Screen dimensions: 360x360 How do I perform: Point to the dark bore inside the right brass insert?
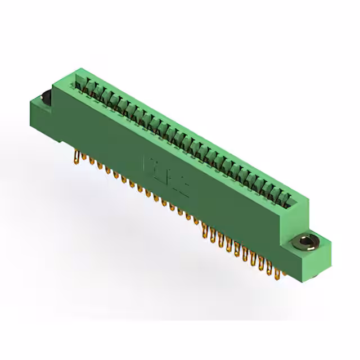point(304,242)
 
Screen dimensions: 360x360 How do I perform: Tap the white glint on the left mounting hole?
point(44,93)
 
